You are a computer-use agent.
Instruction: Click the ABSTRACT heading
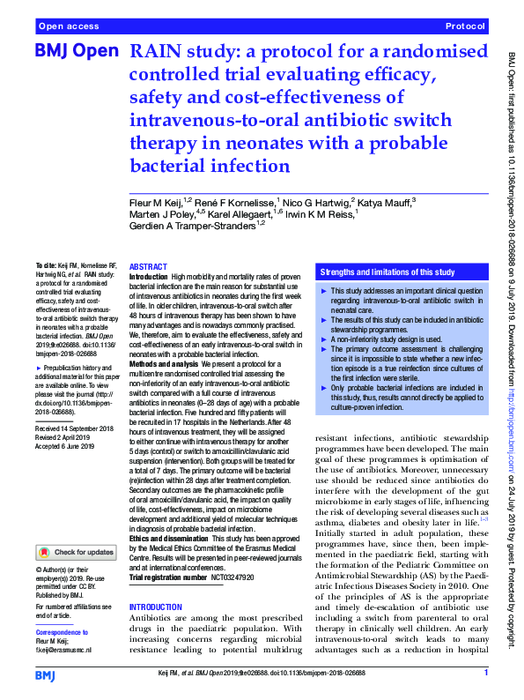(x=146, y=266)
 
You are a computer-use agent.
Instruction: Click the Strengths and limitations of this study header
(x=387, y=272)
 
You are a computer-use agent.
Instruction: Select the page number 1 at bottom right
(x=485, y=674)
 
